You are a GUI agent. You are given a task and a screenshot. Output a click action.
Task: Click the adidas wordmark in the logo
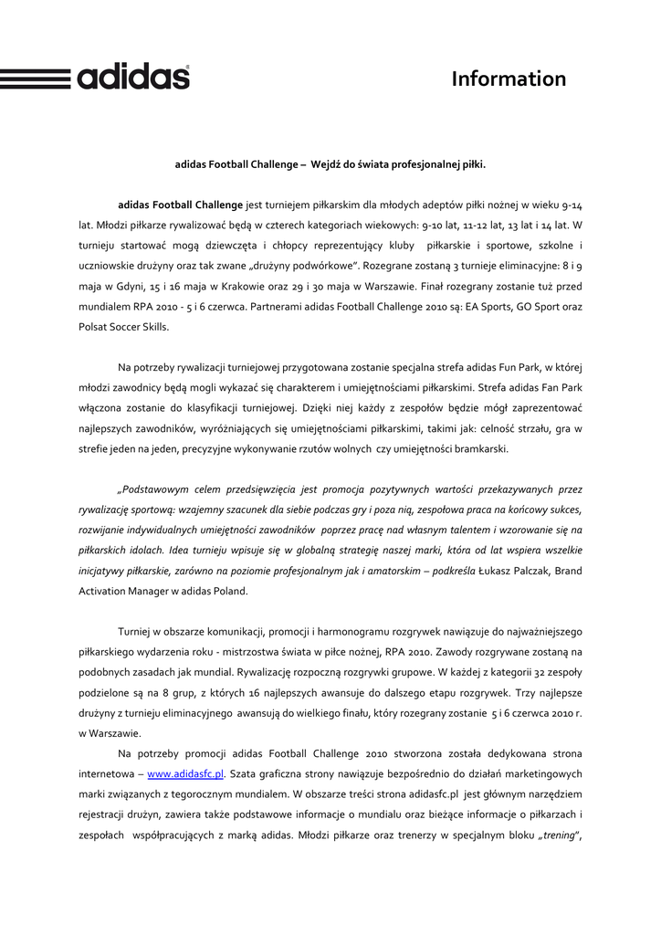click(x=133, y=77)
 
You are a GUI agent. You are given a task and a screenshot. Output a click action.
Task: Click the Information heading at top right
click(x=509, y=79)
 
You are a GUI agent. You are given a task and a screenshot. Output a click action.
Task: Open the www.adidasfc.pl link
click(x=185, y=773)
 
